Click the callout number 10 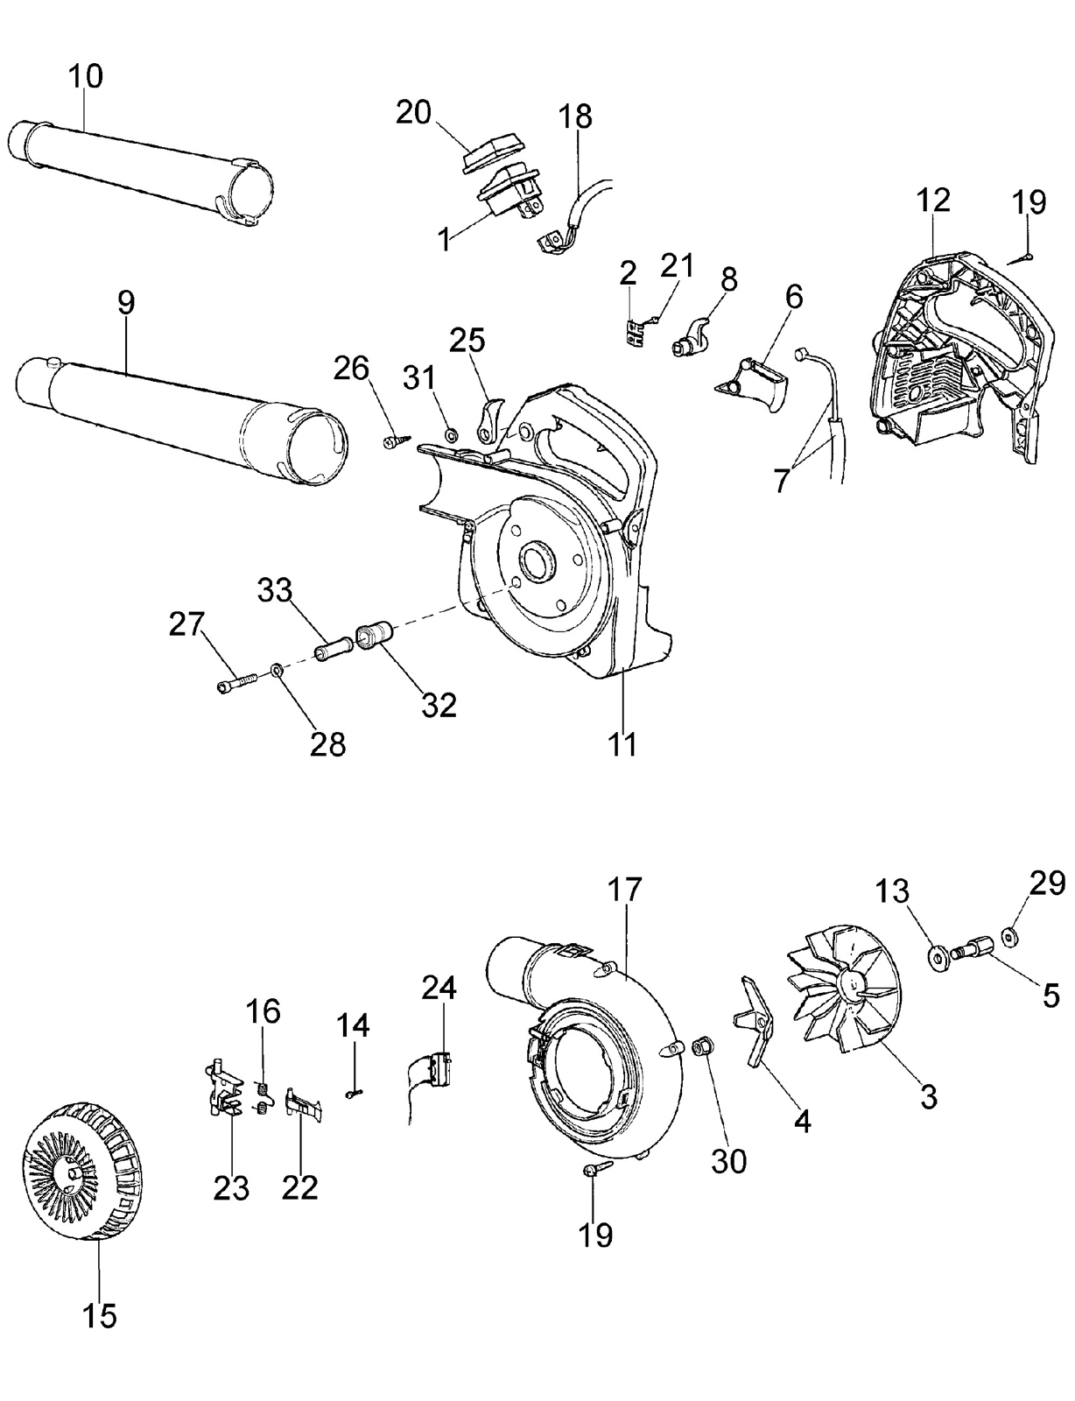[x=86, y=77]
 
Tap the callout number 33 [x=275, y=590]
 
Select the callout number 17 [x=624, y=890]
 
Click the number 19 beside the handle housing [x=1029, y=202]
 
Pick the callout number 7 [x=781, y=480]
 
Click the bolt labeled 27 [x=237, y=681]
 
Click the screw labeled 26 [x=396, y=441]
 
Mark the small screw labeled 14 [x=354, y=1092]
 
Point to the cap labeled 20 [x=491, y=152]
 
